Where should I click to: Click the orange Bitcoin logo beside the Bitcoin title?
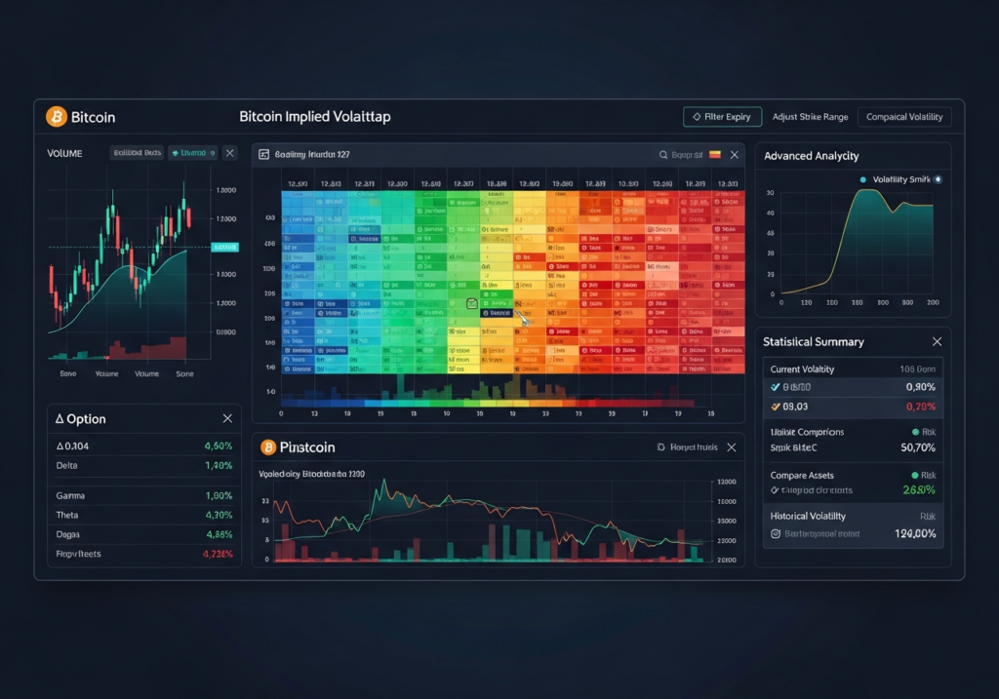pos(57,117)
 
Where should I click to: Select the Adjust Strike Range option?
pos(810,117)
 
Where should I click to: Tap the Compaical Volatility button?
pos(904,117)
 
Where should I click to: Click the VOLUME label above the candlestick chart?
pos(64,153)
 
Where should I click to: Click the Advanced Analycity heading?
pos(811,156)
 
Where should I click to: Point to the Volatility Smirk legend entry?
pos(900,179)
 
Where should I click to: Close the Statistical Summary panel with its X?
pos(937,342)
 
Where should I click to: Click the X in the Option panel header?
pos(227,418)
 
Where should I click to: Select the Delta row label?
pos(67,466)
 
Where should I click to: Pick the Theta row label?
pos(68,515)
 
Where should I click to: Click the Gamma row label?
pos(71,495)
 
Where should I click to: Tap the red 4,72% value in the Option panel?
pos(218,554)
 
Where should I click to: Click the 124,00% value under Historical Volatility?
pos(915,533)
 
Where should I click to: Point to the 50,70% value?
pos(918,447)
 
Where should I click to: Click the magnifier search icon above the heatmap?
pos(663,154)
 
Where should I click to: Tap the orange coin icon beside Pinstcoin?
pos(268,447)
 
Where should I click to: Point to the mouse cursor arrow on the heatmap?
pos(524,319)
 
